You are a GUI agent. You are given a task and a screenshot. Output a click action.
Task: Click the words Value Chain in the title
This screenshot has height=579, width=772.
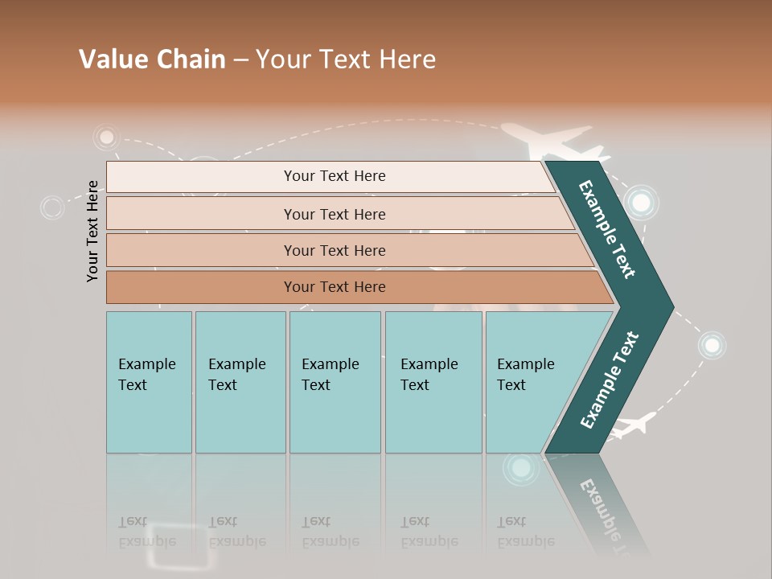coord(152,60)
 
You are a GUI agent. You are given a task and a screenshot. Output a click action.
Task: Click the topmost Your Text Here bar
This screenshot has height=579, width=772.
coord(334,176)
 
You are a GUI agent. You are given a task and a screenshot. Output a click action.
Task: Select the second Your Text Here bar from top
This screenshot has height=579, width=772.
coord(334,214)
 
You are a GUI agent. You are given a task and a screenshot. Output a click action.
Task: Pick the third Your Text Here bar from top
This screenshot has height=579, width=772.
coord(334,250)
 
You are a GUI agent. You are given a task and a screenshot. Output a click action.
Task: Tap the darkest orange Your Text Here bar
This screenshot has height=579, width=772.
coord(334,287)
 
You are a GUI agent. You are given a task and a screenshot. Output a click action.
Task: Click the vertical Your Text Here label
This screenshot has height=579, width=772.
coord(93,231)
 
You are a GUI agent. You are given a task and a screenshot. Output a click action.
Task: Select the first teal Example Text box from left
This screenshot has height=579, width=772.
coord(149,382)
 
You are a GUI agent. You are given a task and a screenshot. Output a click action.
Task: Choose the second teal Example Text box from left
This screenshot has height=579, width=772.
coord(240,382)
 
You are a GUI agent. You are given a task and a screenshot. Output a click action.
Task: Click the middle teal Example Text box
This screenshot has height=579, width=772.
coord(335,382)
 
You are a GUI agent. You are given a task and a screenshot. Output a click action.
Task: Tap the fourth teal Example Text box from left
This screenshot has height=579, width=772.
coord(433,382)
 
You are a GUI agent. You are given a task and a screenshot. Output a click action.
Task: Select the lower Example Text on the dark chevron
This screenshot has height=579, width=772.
coord(610,380)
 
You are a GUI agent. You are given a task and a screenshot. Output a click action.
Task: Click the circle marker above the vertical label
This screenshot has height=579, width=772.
coord(105,137)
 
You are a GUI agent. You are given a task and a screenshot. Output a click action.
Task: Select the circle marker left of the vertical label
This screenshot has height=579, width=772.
coord(52,207)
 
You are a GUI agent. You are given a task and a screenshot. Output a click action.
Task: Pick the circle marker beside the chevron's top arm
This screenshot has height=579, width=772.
coord(641,203)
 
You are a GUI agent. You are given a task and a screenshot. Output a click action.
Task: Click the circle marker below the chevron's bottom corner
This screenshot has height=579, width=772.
coord(521,467)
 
